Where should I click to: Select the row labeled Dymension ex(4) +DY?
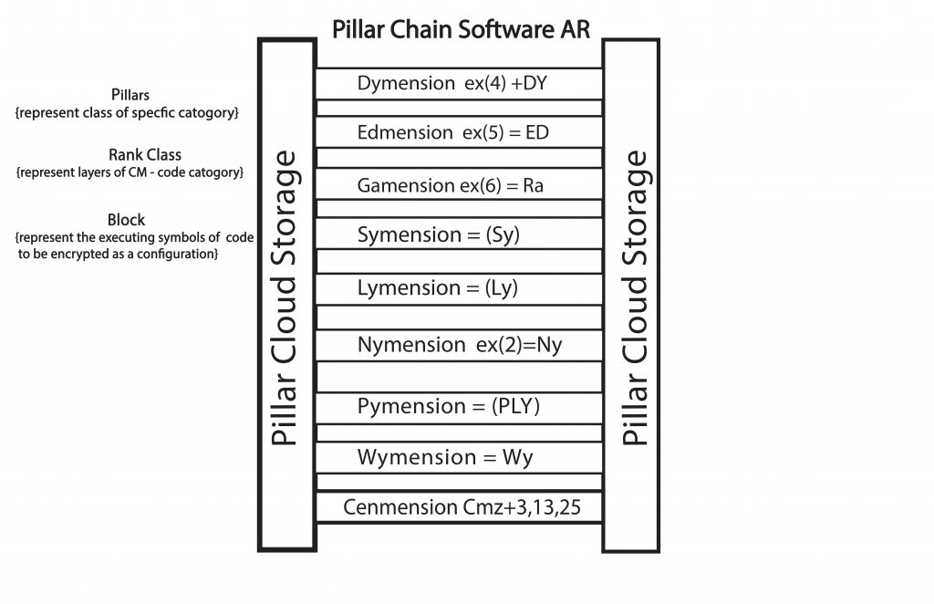[x=451, y=83]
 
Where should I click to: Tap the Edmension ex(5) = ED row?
[x=452, y=132]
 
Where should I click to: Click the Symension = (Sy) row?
[x=438, y=234]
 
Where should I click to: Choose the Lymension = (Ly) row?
[x=438, y=288]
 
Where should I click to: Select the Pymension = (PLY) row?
[x=449, y=406]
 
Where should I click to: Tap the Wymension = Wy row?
[x=445, y=457]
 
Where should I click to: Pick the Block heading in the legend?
[x=126, y=220]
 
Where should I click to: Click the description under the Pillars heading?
[x=127, y=113]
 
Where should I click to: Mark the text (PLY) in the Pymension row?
[x=515, y=407]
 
